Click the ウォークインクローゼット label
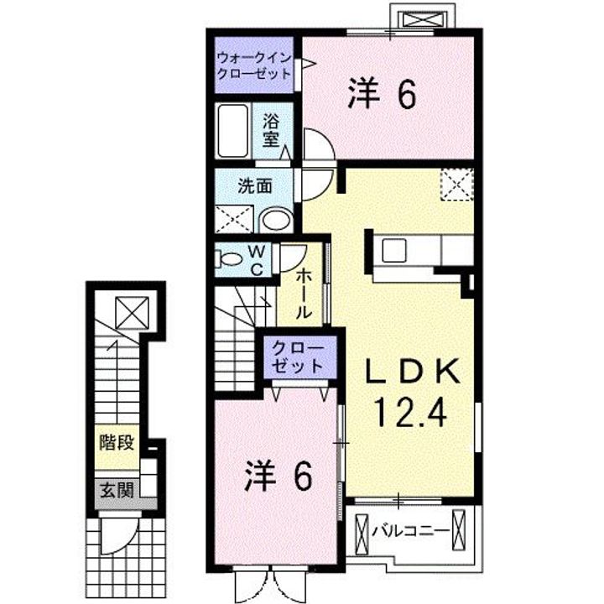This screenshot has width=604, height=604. pos(254,65)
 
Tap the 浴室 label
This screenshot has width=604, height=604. pos(271,131)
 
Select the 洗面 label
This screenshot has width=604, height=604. pos(253,185)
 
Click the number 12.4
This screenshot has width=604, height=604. pos(412,413)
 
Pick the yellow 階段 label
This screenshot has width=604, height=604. pos(117,443)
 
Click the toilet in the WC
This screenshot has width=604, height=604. pos(229,258)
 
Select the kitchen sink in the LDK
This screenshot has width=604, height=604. pos(393,250)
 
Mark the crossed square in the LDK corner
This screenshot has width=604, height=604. pos(458,184)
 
